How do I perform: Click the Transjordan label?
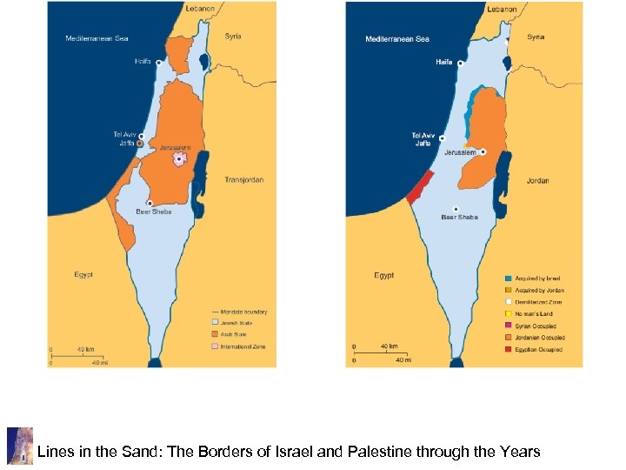(243, 180)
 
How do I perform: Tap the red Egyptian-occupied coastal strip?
(420, 186)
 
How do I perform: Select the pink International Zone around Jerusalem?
(179, 160)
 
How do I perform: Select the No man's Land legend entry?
(533, 314)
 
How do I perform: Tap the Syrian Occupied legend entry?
(535, 326)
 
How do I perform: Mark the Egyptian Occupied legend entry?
(537, 349)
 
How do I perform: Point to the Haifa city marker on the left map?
(158, 64)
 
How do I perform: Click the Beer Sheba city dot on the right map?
(456, 209)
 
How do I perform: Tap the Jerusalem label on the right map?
(460, 152)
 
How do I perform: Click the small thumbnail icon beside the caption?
(19, 446)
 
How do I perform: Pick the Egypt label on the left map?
(83, 275)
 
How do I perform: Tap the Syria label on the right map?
(536, 37)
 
